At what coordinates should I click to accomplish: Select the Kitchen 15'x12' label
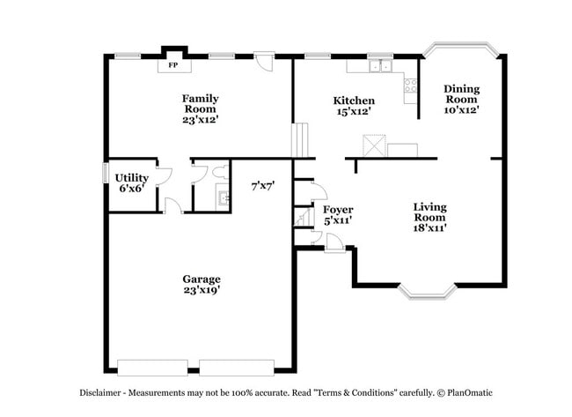click(x=354, y=106)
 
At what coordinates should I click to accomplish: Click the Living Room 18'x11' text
click(x=430, y=217)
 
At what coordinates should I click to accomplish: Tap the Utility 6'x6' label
click(x=130, y=182)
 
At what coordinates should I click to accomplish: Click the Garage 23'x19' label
click(x=202, y=284)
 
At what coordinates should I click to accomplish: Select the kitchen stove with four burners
click(x=410, y=85)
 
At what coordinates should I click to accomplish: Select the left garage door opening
click(x=151, y=367)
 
